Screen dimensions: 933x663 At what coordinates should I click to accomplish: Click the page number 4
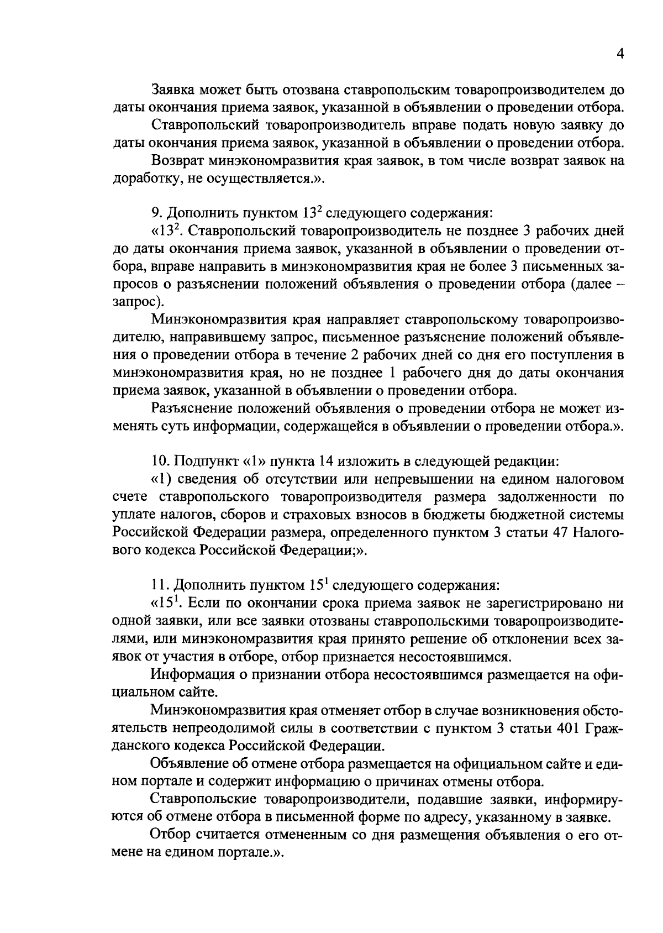pos(620,54)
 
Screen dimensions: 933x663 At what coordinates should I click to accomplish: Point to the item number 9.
pos(155,212)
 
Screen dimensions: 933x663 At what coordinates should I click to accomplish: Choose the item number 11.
pos(159,584)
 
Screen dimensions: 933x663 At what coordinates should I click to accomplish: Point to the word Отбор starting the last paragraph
pos(169,834)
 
